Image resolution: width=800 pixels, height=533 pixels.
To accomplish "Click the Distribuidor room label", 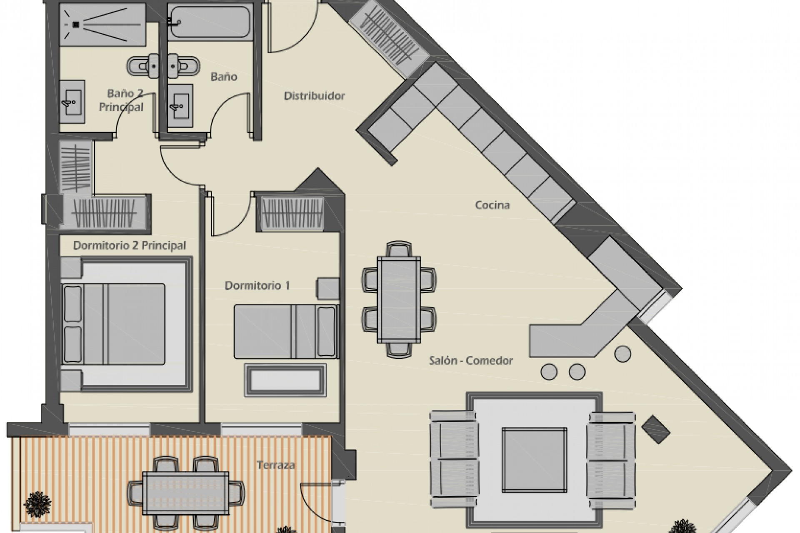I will click(314, 96).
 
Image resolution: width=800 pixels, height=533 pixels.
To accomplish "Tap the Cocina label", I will click(492, 205).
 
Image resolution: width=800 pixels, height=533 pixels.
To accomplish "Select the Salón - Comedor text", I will click(471, 360).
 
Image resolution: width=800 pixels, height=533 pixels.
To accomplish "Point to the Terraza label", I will click(276, 465).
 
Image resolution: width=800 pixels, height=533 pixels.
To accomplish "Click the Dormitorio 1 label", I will click(257, 286).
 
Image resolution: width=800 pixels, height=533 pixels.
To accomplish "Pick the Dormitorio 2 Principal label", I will click(130, 245).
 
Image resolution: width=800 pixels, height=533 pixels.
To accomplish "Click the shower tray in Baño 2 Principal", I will click(102, 24).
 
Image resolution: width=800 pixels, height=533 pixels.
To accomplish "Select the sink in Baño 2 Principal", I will click(72, 102).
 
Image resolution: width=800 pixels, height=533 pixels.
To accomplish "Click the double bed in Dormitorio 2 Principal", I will click(125, 323).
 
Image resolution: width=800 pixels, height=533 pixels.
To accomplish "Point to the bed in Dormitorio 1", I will click(286, 331).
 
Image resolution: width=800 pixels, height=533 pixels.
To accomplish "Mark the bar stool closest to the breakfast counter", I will click(622, 354).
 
